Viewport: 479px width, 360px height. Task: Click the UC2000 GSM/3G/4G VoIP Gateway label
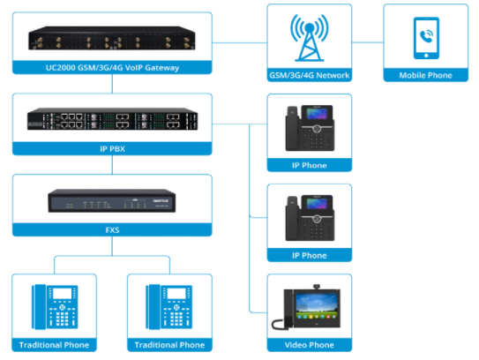click(x=111, y=67)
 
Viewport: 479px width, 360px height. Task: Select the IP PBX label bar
click(x=111, y=149)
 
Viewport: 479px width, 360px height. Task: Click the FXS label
click(x=111, y=229)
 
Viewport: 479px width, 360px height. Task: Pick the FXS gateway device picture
click(x=111, y=203)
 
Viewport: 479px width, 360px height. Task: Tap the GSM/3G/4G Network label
click(x=309, y=76)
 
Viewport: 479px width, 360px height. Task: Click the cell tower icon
click(x=309, y=38)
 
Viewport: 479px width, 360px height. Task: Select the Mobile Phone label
click(x=425, y=76)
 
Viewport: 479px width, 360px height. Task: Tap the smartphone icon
click(x=425, y=38)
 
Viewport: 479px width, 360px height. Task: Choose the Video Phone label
click(x=309, y=344)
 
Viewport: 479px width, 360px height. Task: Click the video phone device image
click(x=309, y=309)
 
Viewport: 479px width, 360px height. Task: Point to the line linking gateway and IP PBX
click(x=111, y=84)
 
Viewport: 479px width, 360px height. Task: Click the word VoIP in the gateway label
click(x=141, y=67)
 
